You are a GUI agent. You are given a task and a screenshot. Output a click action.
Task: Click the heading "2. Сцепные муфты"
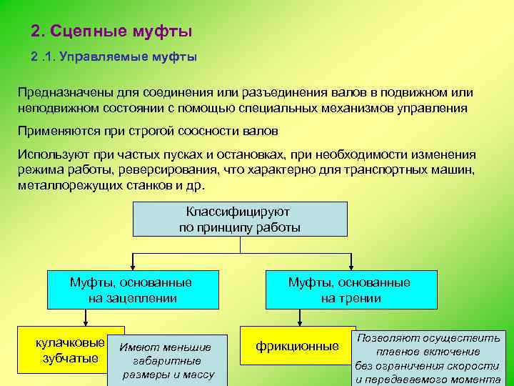pos(112,32)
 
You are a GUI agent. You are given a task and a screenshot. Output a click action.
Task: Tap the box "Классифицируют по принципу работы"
pos(240,219)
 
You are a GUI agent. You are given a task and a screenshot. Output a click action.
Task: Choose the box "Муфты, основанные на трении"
pos(350,289)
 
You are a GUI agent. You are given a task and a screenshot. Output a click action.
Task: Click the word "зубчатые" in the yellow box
pos(70,357)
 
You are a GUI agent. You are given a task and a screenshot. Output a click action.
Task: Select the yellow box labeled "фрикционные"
pos(298,347)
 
